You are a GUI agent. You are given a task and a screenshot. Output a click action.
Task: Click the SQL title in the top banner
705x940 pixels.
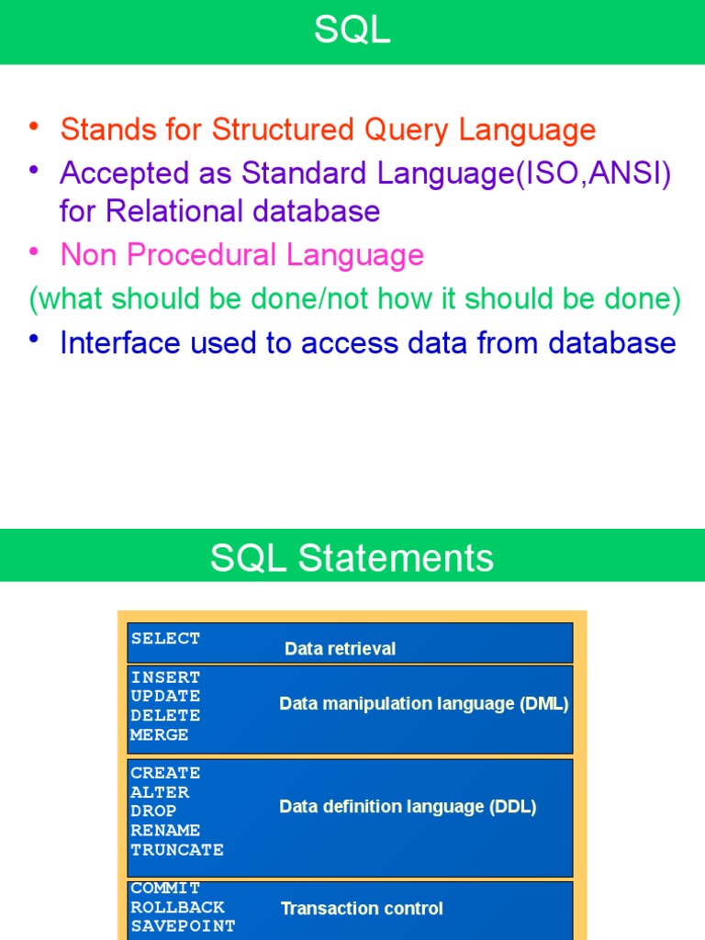(x=352, y=31)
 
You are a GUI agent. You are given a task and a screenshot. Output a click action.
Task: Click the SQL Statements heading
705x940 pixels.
(x=352, y=558)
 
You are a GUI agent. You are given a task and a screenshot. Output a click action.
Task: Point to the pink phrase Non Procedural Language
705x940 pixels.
(x=241, y=255)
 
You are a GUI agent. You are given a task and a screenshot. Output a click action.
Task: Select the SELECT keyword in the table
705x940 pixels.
(x=165, y=638)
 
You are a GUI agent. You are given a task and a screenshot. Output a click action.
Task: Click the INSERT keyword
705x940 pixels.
(x=165, y=677)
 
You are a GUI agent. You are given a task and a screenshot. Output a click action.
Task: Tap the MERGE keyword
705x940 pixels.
(x=160, y=735)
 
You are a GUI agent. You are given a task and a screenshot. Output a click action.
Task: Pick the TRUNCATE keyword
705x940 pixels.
(x=177, y=850)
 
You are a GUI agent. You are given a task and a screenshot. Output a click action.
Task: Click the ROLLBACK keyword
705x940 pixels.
(x=177, y=908)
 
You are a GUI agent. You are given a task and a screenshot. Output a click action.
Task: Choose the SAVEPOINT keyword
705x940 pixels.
(x=183, y=926)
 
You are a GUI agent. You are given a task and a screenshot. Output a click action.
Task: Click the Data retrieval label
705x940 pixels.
(x=340, y=649)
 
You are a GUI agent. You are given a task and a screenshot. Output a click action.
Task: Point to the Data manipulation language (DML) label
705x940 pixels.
(x=424, y=704)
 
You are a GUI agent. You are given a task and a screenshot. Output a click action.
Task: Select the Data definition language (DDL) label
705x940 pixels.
(x=408, y=807)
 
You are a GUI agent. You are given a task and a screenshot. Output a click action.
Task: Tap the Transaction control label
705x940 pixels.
(x=362, y=909)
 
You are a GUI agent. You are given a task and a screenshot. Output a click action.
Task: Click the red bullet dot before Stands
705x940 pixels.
(x=34, y=126)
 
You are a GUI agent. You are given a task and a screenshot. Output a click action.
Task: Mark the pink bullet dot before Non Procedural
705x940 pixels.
(x=34, y=251)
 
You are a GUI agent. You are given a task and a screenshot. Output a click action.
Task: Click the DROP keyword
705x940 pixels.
(x=153, y=811)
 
